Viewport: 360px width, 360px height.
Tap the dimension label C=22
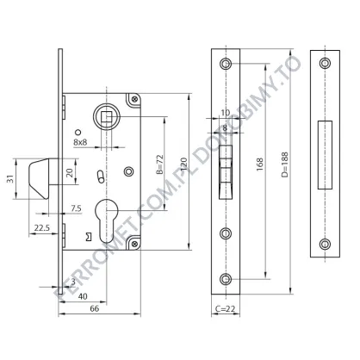click(x=225, y=308)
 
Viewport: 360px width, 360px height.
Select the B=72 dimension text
click(x=159, y=164)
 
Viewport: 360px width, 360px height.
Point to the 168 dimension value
click(x=259, y=164)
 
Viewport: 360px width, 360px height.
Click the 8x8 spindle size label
click(x=80, y=142)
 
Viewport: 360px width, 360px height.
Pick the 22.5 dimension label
click(x=42, y=227)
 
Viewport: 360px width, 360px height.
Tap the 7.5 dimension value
click(x=76, y=208)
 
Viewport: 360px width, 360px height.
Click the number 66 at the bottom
click(x=95, y=308)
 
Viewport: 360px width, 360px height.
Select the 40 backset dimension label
click(x=83, y=296)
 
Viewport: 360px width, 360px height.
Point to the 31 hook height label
click(x=10, y=179)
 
